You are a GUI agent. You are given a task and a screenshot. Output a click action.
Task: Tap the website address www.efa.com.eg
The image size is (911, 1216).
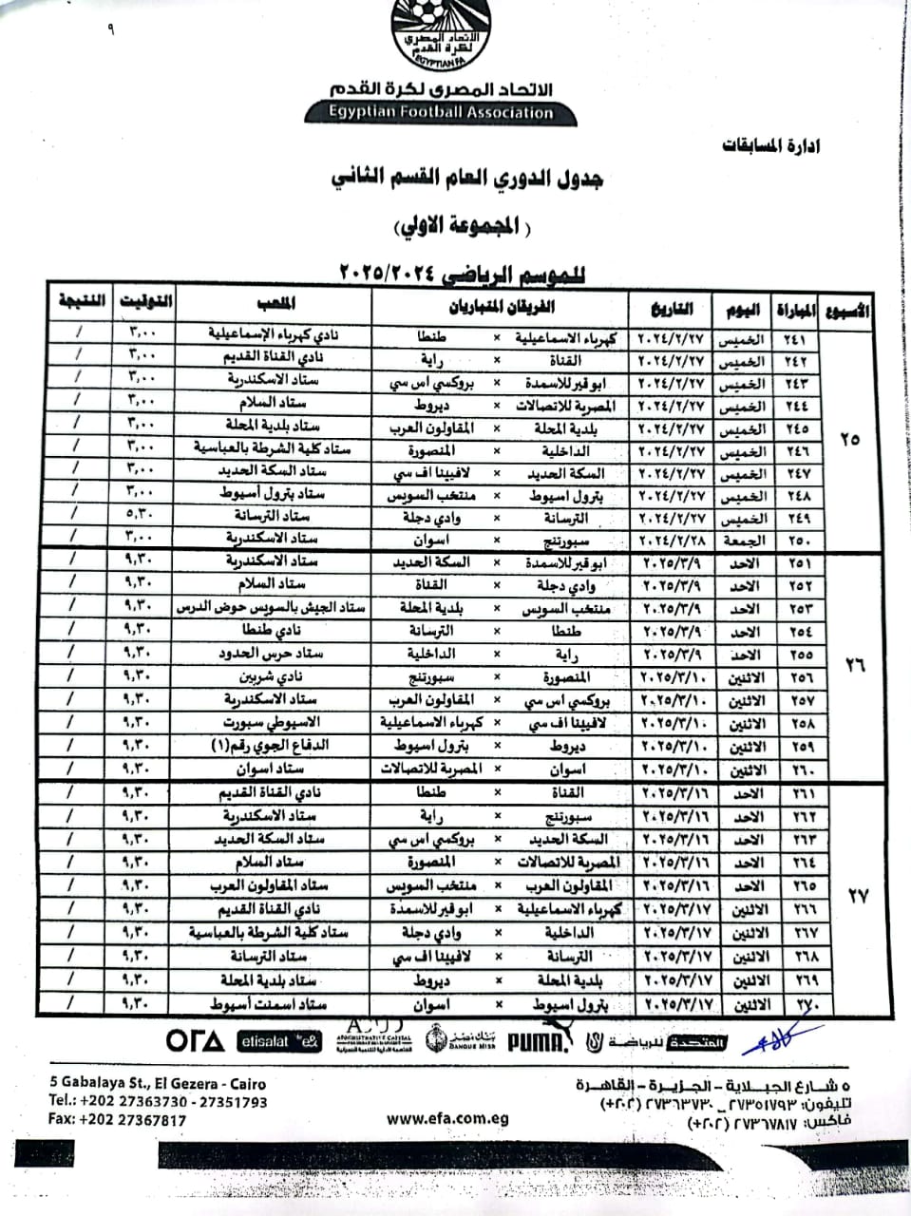pyautogui.click(x=447, y=1118)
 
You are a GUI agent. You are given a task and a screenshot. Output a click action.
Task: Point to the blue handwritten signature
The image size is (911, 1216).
pyautogui.click(x=782, y=1038)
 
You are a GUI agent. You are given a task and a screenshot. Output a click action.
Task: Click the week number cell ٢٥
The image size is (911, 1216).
pyautogui.click(x=849, y=439)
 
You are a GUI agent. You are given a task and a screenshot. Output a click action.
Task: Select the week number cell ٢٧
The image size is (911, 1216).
pyautogui.click(x=857, y=896)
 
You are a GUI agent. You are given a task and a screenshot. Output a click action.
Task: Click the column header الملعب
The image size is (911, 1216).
pyautogui.click(x=275, y=304)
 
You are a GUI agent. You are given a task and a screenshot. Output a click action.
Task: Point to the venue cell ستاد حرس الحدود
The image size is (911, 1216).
pyautogui.click(x=275, y=654)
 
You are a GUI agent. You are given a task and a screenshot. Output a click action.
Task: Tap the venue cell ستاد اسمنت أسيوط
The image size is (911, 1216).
pyautogui.click(x=275, y=1003)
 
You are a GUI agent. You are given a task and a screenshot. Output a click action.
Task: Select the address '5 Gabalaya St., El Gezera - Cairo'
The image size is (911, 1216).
pyautogui.click(x=158, y=1083)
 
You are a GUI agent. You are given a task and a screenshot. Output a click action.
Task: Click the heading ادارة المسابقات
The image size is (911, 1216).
pyautogui.click(x=771, y=145)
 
